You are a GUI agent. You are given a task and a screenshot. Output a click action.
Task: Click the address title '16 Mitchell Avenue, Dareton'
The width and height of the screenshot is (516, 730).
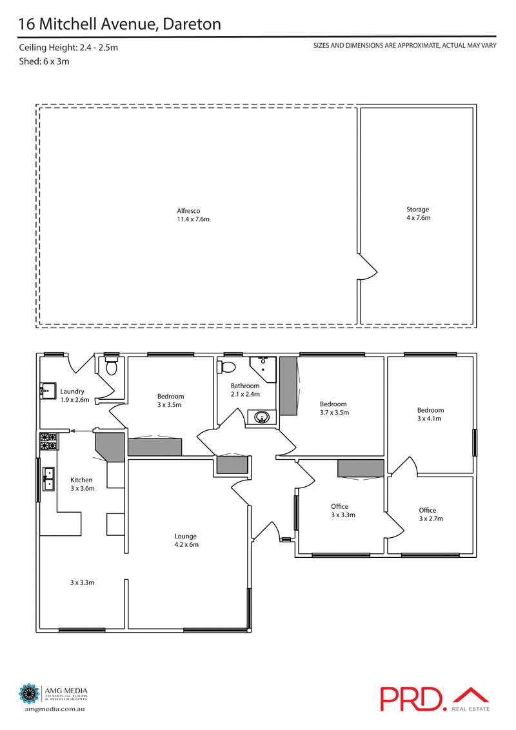click(x=120, y=24)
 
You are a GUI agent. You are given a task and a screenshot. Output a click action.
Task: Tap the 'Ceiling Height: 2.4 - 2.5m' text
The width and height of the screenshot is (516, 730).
click(x=68, y=48)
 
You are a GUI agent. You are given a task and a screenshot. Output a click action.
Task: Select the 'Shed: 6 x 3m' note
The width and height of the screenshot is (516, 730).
click(x=44, y=62)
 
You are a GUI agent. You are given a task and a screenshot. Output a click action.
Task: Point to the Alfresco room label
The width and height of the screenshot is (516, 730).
click(x=193, y=215)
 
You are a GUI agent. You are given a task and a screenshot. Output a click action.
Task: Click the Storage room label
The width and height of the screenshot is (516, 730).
click(x=417, y=213)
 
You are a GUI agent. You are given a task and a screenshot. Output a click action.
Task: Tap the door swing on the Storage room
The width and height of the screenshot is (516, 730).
click(x=366, y=267)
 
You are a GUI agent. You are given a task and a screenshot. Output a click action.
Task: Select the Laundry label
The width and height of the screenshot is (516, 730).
click(x=72, y=395)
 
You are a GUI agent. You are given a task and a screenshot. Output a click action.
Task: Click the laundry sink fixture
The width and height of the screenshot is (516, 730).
click(x=46, y=390)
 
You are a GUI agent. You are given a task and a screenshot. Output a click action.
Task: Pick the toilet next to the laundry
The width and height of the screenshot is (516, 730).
click(x=111, y=367)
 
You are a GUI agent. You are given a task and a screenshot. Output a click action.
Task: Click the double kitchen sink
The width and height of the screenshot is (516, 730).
click(x=49, y=480)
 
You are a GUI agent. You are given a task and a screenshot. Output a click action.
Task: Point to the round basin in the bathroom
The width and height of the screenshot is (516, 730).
click(x=262, y=417)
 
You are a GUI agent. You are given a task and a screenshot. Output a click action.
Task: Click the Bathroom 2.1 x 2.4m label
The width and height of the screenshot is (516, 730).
click(x=245, y=390)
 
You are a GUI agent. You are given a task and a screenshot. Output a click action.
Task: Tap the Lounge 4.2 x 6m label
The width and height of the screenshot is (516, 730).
click(x=185, y=540)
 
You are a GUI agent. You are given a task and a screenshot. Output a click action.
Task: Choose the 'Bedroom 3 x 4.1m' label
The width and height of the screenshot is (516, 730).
click(x=430, y=414)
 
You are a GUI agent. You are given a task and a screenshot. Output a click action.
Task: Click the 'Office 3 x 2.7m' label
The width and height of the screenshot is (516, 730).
click(x=431, y=514)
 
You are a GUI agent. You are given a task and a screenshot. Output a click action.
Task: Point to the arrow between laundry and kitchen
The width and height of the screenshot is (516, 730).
click(x=81, y=430)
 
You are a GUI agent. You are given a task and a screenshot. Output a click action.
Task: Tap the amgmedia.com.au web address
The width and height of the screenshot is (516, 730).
click(x=55, y=709)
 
